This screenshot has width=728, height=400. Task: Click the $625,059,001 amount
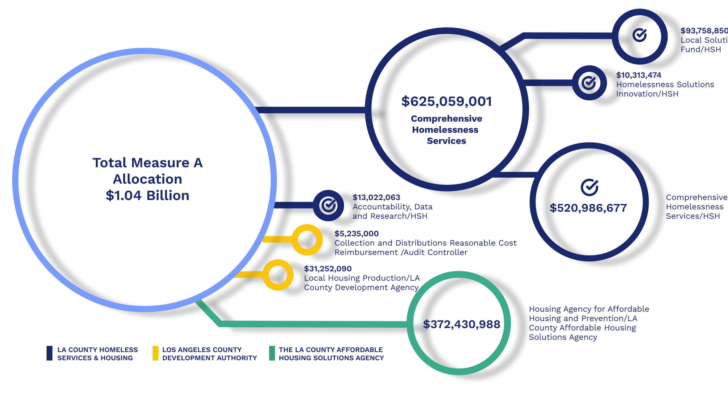(446, 102)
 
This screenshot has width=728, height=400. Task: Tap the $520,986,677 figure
(588, 208)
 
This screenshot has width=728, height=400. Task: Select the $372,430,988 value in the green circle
(462, 324)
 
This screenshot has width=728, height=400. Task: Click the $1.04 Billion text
(147, 195)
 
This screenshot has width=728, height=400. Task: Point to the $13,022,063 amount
(376, 197)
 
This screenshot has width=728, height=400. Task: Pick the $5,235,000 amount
(357, 234)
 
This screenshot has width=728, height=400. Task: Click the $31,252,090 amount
(328, 269)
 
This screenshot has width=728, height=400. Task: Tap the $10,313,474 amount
(638, 75)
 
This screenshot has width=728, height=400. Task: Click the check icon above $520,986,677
(589, 187)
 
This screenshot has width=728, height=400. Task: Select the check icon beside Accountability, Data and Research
(329, 205)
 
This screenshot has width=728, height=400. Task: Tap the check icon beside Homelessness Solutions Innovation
(589, 83)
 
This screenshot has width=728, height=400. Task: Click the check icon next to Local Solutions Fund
(640, 36)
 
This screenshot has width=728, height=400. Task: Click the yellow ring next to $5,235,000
(307, 240)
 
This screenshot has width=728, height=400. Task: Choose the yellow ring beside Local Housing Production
(278, 275)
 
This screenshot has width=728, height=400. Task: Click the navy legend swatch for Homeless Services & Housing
(49, 353)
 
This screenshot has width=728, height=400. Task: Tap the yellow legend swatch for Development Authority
(155, 353)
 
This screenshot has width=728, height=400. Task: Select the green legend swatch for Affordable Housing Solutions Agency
(272, 353)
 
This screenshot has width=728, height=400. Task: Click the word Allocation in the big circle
(147, 179)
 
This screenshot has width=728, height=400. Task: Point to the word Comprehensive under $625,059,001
(446, 119)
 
